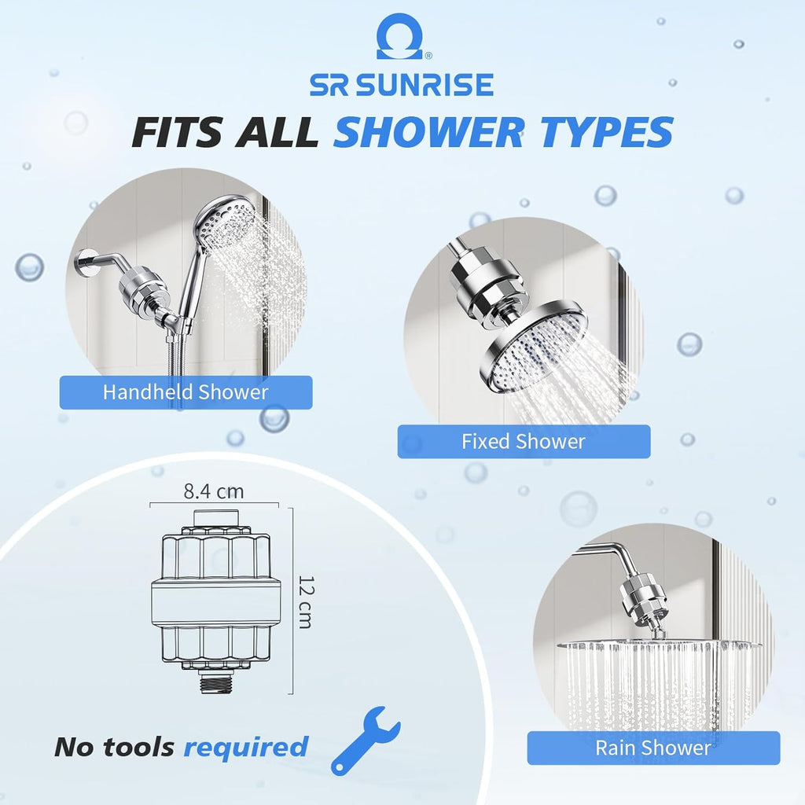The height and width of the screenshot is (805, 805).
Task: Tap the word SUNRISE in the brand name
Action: point(425,84)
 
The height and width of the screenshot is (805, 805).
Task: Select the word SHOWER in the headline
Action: point(428,132)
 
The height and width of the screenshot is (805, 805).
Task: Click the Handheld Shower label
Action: point(186,392)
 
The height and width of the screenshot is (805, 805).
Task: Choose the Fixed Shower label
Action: point(524,442)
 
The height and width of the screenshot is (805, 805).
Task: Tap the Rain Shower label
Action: point(653,748)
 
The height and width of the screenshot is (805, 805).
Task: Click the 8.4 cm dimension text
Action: point(214,492)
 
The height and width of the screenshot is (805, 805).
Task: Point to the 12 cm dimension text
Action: point(304,601)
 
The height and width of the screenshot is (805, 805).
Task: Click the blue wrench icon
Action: point(365,740)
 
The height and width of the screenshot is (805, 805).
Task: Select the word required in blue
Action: point(246,747)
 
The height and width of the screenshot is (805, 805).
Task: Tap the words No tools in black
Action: point(114,747)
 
